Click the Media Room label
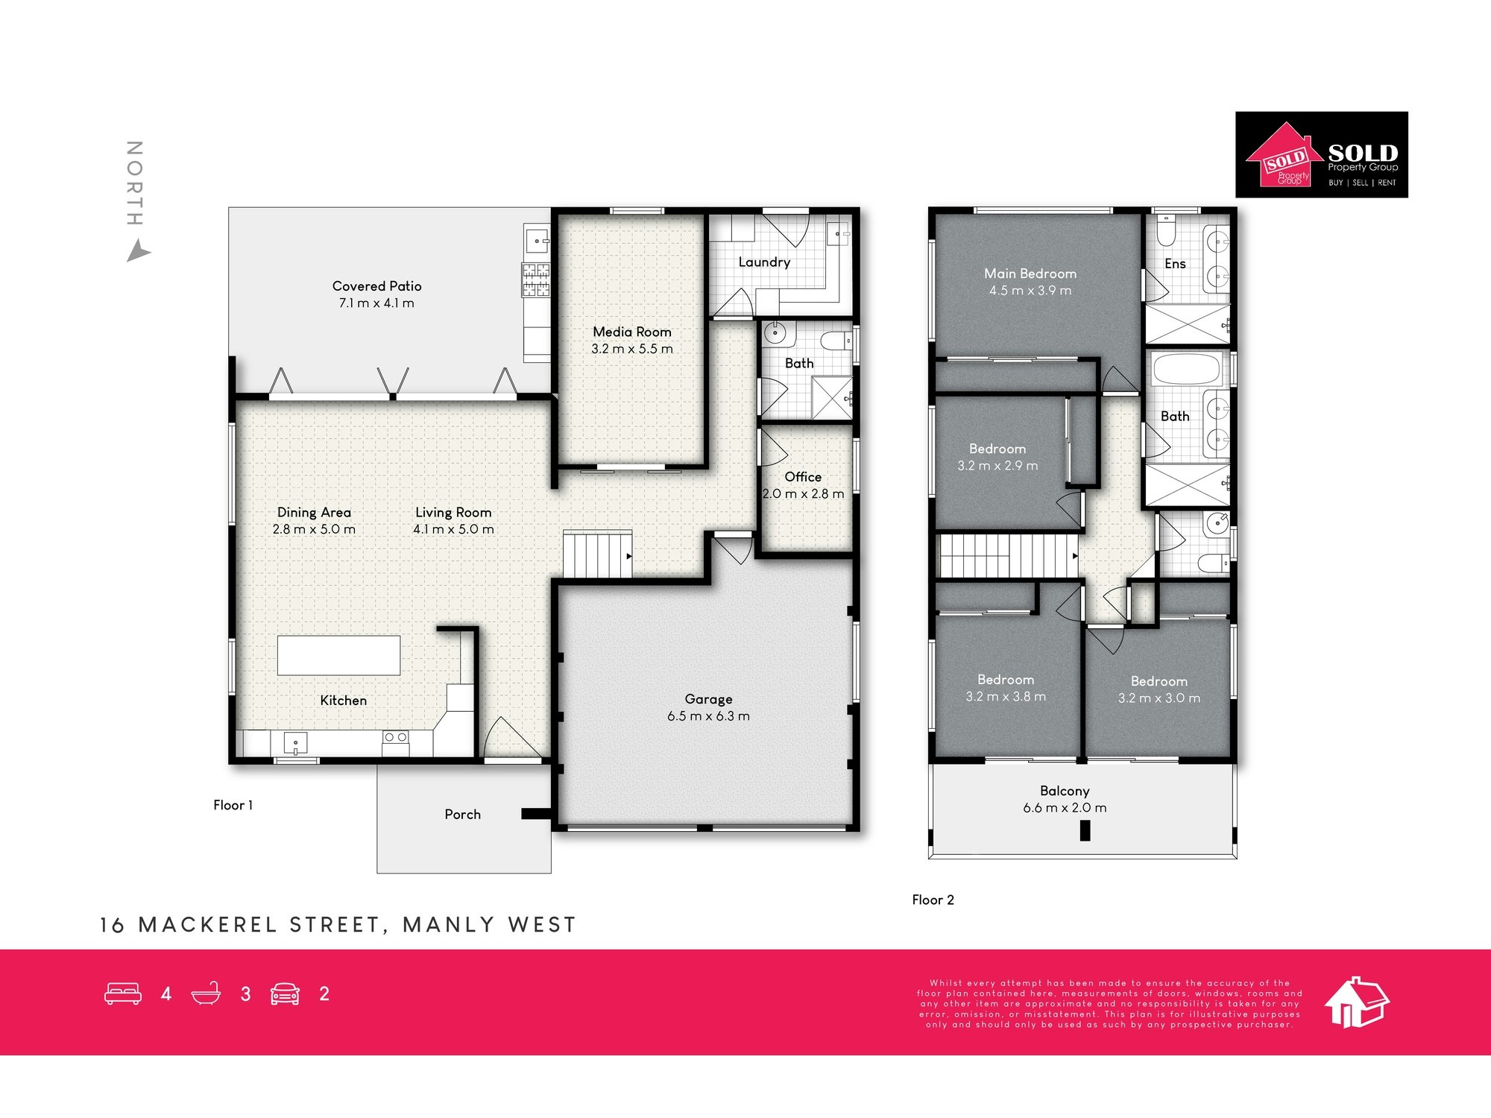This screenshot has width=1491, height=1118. (632, 332)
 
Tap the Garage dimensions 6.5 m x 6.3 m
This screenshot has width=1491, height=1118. (708, 716)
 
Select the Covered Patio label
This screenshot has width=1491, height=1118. (376, 286)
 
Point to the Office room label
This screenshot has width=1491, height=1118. (803, 477)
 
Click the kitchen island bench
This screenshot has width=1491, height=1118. (339, 655)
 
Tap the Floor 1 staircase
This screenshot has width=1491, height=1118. (598, 555)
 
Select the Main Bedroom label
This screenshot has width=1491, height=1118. (1030, 274)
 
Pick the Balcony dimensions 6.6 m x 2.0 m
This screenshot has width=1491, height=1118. (1065, 808)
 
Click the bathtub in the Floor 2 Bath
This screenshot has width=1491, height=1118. (1186, 369)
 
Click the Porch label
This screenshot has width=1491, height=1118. (462, 815)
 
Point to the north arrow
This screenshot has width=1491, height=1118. (138, 251)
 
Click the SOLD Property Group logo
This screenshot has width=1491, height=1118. (1322, 155)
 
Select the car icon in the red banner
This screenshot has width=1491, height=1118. (285, 994)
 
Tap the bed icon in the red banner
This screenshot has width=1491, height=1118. (123, 994)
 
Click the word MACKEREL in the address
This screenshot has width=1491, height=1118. (208, 925)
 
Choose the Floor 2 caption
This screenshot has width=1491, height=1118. (933, 900)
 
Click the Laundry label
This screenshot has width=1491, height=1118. (764, 262)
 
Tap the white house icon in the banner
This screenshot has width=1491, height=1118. (1357, 1002)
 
